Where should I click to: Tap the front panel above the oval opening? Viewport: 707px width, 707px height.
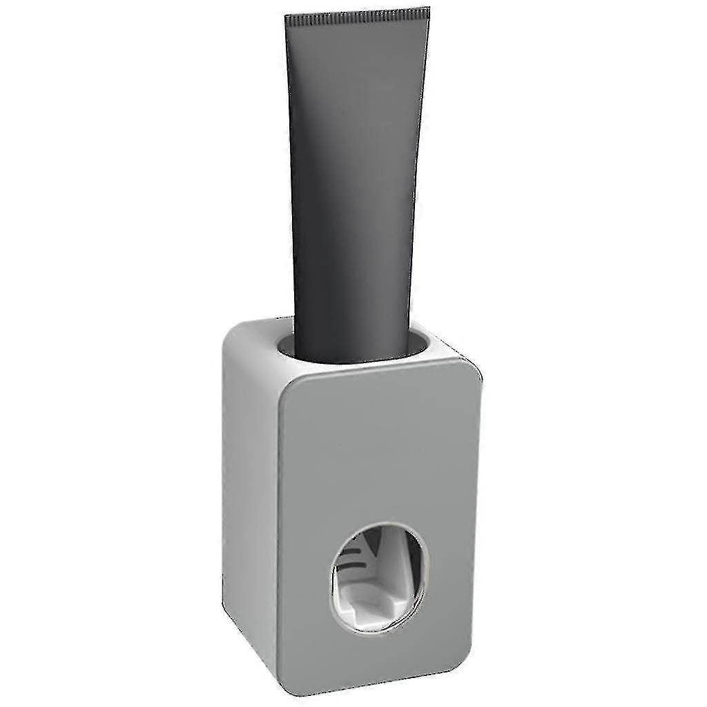[x=380, y=449]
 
